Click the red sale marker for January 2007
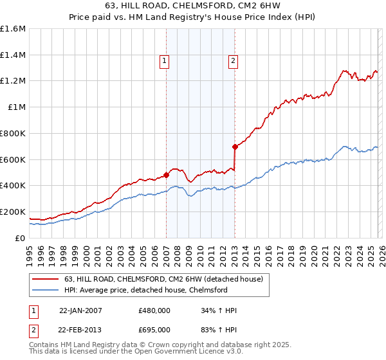coord(166,174)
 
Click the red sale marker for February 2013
coord(235,147)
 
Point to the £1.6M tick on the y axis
coord(13,29)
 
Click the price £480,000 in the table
coord(154,310)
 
